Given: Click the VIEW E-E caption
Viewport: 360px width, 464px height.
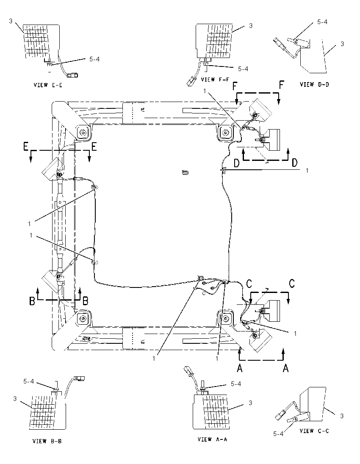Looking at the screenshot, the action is point(48,85).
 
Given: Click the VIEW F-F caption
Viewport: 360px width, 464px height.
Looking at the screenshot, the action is point(215,80).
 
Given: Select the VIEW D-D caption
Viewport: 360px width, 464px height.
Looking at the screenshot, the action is point(314,84).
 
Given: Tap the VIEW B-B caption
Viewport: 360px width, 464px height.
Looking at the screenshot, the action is point(47,441).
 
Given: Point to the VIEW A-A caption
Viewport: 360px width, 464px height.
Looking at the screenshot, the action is point(212,439).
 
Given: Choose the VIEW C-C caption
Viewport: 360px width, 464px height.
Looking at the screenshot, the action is point(314,431).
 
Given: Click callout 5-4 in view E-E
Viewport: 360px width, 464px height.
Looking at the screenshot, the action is point(94,59).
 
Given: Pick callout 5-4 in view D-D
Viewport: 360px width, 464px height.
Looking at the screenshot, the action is point(322,22).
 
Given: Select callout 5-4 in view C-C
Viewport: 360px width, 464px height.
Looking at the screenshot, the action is point(278,434).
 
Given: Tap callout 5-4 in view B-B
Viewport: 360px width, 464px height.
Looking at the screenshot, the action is point(29,382).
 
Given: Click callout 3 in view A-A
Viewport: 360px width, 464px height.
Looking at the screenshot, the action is point(250,403).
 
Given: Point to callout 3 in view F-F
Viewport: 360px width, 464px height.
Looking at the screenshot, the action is point(251,26).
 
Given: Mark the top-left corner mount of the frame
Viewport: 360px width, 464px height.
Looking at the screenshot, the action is point(83,133).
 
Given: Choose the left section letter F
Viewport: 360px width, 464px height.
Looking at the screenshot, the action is point(235,86).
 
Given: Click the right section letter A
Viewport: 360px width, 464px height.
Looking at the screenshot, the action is point(286,368).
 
